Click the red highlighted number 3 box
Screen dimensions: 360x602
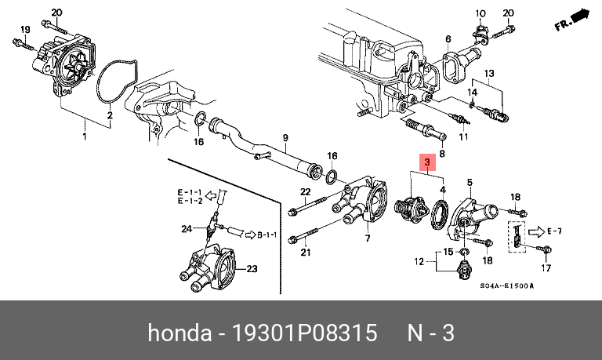(428, 163)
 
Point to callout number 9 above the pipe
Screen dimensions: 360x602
(285, 138)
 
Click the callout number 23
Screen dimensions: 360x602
(252, 269)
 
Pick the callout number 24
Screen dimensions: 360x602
(187, 229)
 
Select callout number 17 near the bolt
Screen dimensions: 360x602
(546, 268)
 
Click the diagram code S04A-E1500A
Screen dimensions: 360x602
(506, 287)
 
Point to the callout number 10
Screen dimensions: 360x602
(481, 13)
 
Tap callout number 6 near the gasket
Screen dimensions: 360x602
(448, 38)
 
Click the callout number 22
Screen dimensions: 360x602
(306, 192)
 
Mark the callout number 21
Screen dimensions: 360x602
(306, 252)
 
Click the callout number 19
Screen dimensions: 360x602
(24, 30)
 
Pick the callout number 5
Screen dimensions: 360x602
(470, 183)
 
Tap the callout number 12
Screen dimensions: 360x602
(419, 260)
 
